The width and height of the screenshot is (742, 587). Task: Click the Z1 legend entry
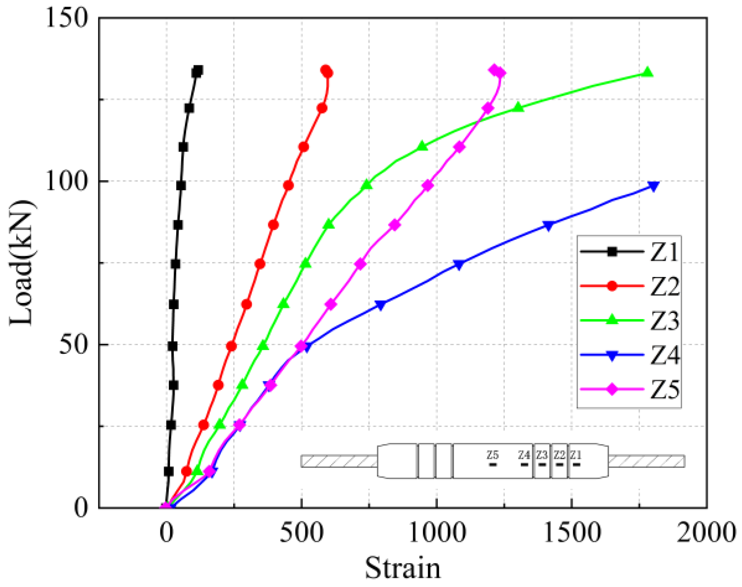[x=629, y=251]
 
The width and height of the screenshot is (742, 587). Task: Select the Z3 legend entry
[x=629, y=320]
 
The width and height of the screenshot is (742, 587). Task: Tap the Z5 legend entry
[x=629, y=389]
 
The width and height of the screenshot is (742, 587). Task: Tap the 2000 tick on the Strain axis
[x=706, y=533]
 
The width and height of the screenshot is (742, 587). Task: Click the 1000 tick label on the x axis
[x=437, y=533]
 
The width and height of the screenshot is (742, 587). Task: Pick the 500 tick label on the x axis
[x=302, y=533]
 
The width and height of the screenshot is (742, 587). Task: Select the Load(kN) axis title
[x=21, y=263]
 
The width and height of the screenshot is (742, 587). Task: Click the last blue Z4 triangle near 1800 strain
[x=653, y=186]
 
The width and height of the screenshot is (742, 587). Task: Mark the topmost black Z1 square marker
[x=198, y=71]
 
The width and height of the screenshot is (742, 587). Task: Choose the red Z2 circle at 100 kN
[x=288, y=186]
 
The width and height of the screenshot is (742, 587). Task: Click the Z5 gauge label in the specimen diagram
[x=492, y=455]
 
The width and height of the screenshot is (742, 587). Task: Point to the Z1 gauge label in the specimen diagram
[x=576, y=455]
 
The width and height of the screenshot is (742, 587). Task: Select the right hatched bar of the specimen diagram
[x=646, y=461]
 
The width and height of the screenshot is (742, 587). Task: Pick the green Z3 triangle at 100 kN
[x=367, y=185]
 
